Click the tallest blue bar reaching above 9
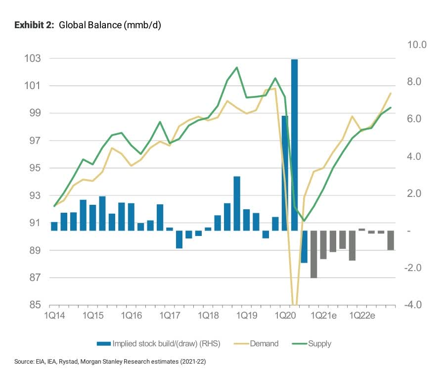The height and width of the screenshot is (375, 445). coord(295,143)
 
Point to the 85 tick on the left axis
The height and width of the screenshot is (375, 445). coord(34,305)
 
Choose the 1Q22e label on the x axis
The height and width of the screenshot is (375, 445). coord(362,315)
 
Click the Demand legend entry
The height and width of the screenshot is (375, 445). coord(265,343)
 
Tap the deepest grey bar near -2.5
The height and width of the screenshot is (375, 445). coord(313,254)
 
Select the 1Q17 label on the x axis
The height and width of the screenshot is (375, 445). coord(170,315)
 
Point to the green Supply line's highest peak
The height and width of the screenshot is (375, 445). coord(236,67)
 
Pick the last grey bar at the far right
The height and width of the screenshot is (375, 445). coord(391,240)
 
